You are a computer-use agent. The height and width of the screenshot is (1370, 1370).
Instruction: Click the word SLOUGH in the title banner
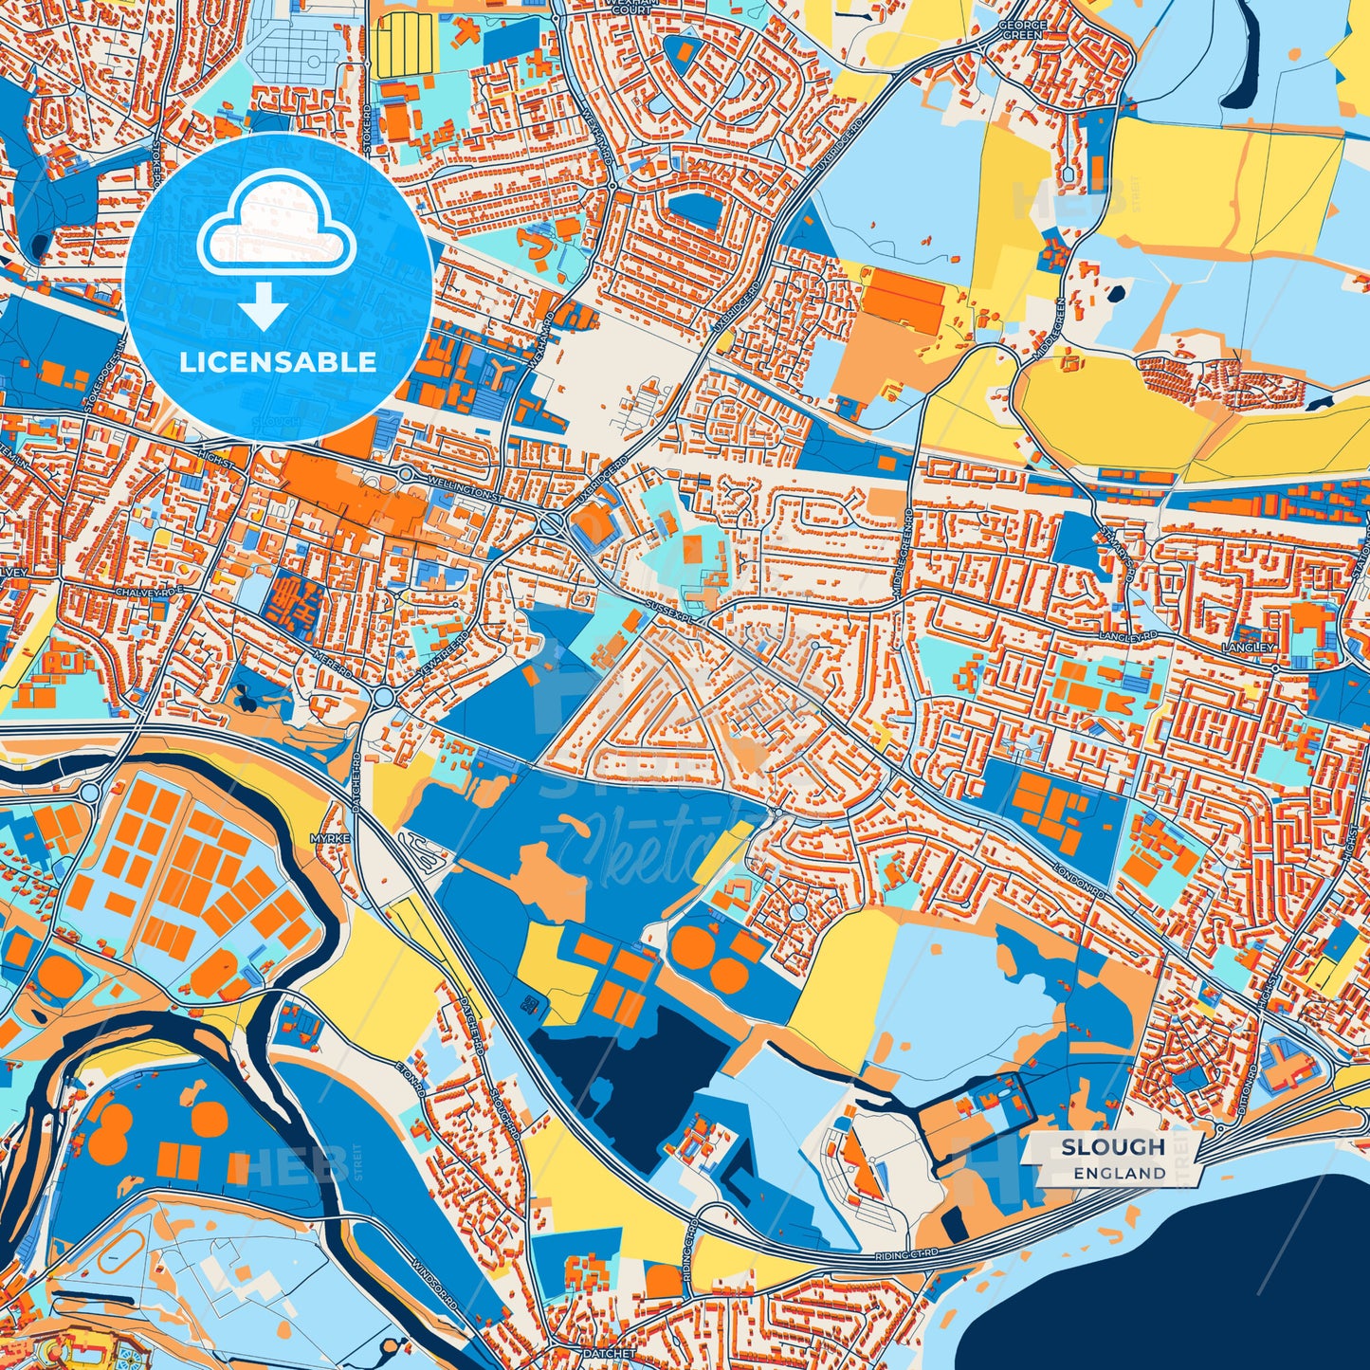(1113, 1146)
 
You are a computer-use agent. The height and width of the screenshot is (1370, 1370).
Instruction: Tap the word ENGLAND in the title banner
(1120, 1173)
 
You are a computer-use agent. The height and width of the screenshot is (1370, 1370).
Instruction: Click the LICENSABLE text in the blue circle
(279, 362)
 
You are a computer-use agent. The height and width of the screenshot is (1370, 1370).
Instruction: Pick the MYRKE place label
(324, 839)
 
